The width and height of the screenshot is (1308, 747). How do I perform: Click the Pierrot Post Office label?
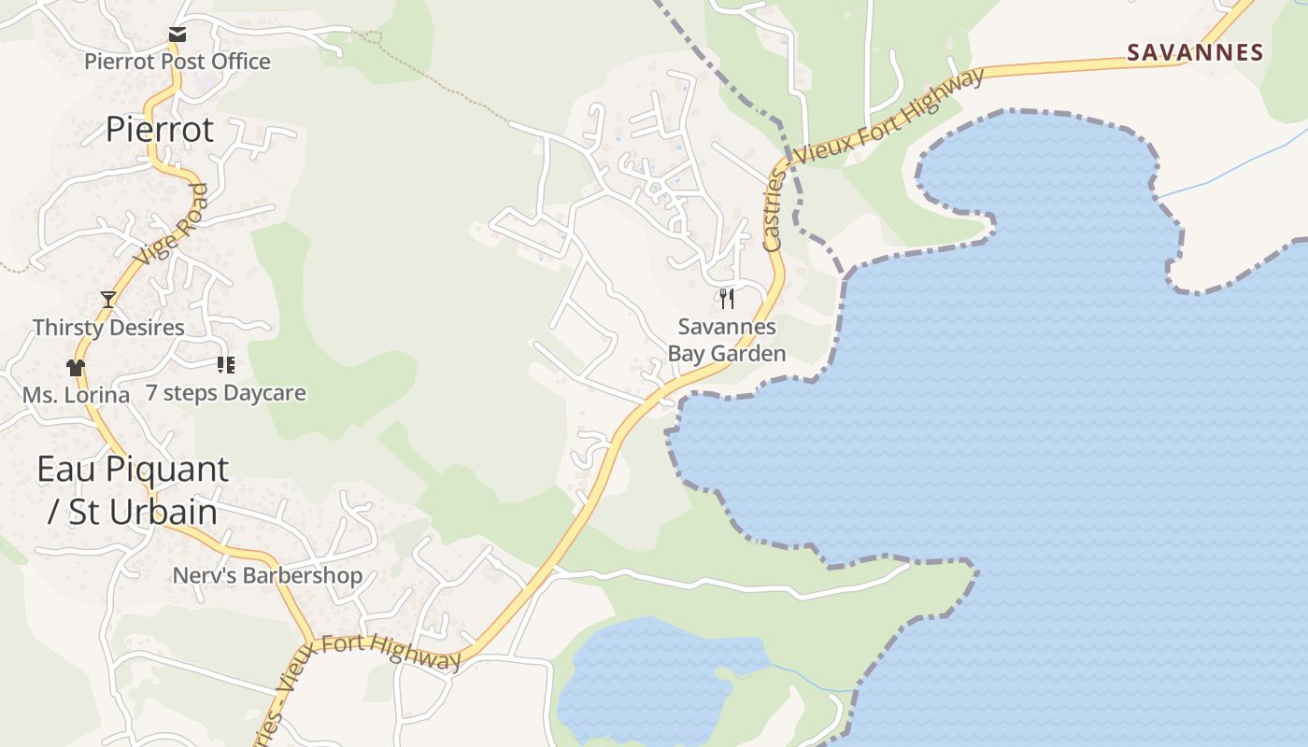click(178, 62)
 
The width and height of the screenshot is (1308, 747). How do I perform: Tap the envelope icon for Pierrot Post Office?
click(178, 35)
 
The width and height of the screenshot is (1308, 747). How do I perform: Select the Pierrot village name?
click(160, 129)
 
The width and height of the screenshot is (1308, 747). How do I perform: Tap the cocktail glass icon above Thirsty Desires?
click(108, 300)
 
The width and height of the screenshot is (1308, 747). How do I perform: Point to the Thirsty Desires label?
click(108, 328)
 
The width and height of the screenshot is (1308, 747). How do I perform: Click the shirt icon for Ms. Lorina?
click(76, 367)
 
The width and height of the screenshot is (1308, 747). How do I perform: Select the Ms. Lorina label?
click(76, 395)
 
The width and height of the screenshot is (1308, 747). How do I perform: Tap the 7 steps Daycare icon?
click(225, 364)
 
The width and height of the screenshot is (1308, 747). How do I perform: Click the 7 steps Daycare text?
click(225, 393)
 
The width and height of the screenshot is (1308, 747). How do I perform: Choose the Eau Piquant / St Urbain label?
click(133, 490)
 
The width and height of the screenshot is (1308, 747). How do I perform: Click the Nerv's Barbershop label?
click(267, 575)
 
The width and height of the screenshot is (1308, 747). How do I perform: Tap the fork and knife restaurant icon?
click(727, 299)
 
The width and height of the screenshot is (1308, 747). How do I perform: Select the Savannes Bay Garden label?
click(727, 340)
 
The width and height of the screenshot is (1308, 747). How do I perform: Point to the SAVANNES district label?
click(1195, 52)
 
